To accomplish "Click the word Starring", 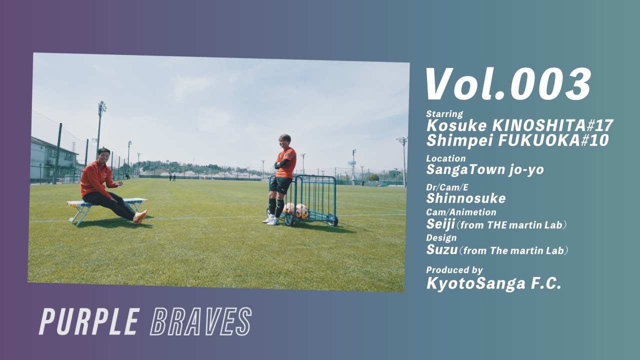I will [444, 113].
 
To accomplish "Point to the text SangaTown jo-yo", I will [484, 169].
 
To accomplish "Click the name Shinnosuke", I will [465, 198].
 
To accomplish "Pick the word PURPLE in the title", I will [89, 321].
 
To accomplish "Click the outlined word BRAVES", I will [200, 321].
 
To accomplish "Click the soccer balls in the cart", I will [296, 210].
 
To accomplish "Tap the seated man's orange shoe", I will [140, 216].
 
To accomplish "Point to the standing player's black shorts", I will [280, 185].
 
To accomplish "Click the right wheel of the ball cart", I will [333, 221].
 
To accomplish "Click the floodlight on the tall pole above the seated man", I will [102, 107].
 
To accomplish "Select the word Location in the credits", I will [445, 158].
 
